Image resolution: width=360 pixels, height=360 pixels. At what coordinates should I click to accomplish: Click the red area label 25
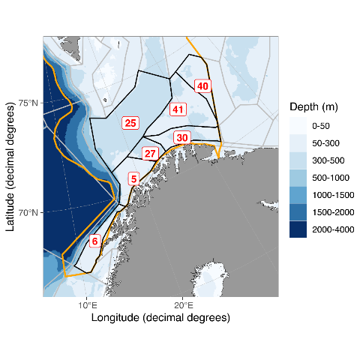(130, 123)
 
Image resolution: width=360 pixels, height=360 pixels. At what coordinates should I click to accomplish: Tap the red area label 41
(178, 110)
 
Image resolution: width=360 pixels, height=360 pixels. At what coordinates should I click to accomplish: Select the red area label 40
(202, 86)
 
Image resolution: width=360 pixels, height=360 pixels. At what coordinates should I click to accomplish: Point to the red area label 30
(181, 138)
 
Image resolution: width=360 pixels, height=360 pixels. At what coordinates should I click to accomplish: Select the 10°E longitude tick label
(86, 305)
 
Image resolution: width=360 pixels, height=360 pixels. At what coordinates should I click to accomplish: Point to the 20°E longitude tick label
(184, 305)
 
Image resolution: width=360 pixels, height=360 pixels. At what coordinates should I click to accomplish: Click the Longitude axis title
(160, 318)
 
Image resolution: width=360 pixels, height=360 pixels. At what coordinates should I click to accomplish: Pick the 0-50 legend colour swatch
(298, 126)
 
